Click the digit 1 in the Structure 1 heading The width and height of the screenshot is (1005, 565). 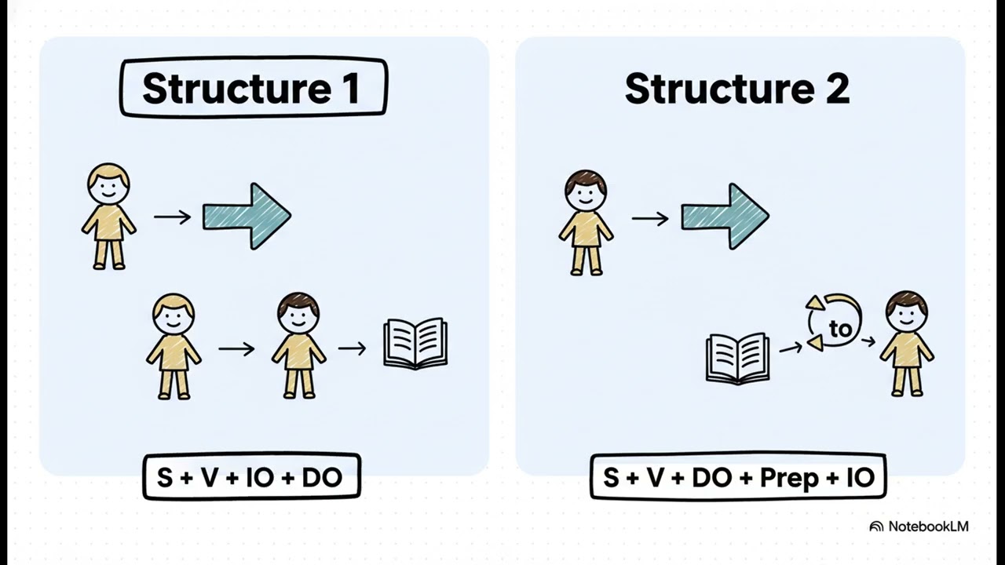(353, 88)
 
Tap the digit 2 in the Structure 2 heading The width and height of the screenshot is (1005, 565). (837, 89)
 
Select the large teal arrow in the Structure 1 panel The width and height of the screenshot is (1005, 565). (247, 216)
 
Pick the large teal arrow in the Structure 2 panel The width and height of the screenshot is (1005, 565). (725, 217)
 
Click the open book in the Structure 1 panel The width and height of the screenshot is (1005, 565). (415, 344)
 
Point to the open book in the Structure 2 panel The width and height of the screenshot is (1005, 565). (738, 359)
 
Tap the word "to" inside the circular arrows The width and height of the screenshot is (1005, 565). (840, 330)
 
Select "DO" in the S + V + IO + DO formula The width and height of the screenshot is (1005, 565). (322, 478)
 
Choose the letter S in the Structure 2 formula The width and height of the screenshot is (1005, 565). (611, 477)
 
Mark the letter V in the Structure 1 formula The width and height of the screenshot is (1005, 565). (210, 478)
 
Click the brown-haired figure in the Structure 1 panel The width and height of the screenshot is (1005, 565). (299, 345)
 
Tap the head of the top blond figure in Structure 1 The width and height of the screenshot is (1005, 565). (108, 184)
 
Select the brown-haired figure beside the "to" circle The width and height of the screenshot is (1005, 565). (907, 344)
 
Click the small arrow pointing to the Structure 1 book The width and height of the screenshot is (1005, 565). (353, 348)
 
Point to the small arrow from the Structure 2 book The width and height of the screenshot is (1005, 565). (791, 347)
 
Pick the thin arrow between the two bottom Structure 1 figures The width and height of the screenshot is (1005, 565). (236, 349)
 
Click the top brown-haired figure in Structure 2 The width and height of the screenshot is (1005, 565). (586, 222)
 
